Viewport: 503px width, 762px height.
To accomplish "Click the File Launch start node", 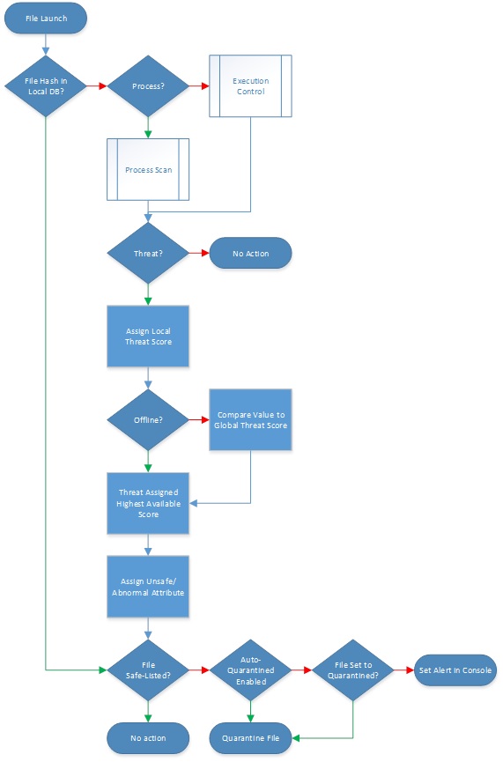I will click(x=47, y=18).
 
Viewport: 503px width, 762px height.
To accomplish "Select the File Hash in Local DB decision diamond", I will click(x=47, y=86).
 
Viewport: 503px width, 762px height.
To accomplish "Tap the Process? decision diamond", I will click(x=148, y=86).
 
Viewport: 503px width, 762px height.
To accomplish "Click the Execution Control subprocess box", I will click(x=250, y=86).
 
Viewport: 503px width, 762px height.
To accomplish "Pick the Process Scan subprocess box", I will click(x=148, y=169).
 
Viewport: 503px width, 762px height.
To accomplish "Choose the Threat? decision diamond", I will click(x=148, y=254).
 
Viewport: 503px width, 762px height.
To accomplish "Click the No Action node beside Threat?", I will click(x=250, y=254).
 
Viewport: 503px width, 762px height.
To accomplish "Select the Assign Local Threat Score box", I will click(x=148, y=337).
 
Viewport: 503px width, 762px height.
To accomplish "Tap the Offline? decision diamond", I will click(x=148, y=420).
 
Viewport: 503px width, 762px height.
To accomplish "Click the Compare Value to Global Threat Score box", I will click(x=250, y=420).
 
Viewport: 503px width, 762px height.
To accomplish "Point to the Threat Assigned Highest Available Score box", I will click(x=148, y=502).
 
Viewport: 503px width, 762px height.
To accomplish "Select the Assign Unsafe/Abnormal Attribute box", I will click(x=148, y=587).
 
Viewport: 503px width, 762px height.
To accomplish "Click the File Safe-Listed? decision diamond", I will click(x=148, y=670).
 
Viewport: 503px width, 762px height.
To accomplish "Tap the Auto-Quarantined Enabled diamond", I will click(x=250, y=670).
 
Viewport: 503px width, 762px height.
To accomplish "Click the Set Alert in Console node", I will click(x=455, y=670).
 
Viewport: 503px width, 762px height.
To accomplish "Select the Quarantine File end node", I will click(x=250, y=737).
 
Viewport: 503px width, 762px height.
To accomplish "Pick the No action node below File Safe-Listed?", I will click(x=148, y=737).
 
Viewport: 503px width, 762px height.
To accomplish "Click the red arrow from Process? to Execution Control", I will click(x=198, y=86).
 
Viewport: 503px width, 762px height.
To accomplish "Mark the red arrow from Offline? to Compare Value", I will click(x=198, y=420).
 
